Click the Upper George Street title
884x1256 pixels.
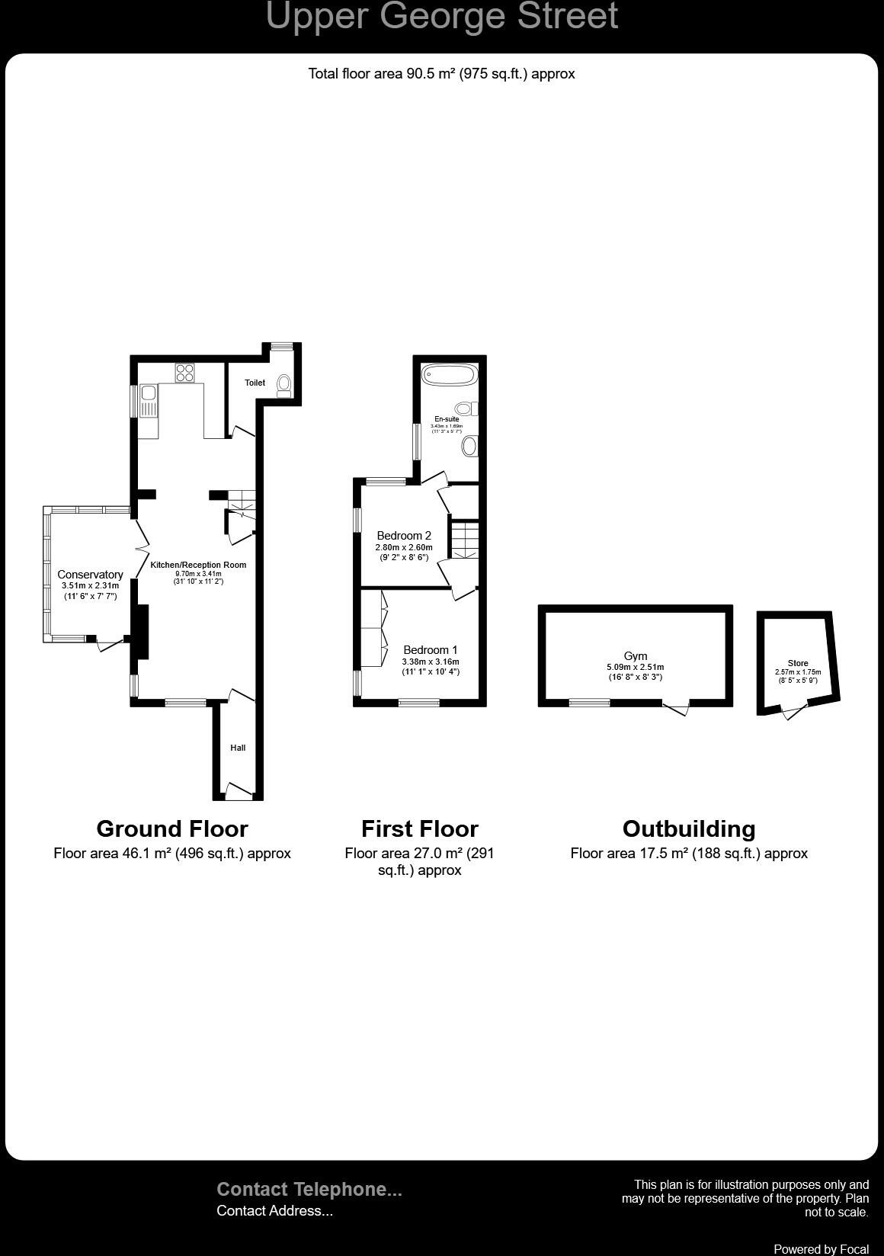[x=441, y=17]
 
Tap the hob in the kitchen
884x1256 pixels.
[x=184, y=373]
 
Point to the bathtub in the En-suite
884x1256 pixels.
[x=450, y=375]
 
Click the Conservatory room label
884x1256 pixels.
[x=90, y=575]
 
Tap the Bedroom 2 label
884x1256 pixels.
[x=404, y=536]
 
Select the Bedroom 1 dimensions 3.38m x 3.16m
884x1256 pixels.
[x=431, y=662]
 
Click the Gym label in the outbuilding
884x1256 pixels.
[x=635, y=655]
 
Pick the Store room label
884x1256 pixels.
[x=798, y=663]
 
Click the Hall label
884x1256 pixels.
[x=238, y=748]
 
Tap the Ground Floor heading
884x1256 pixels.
[x=172, y=828]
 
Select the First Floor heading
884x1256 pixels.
[x=419, y=828]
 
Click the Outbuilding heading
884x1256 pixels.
[x=689, y=828]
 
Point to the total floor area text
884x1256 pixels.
[x=441, y=74]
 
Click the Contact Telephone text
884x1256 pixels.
[x=309, y=1189]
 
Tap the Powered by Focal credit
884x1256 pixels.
[x=821, y=1248]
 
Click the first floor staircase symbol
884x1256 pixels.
[x=464, y=539]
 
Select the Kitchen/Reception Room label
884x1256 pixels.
[x=198, y=565]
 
